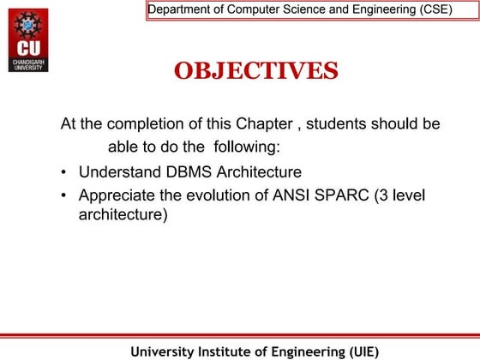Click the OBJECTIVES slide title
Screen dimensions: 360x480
(255, 70)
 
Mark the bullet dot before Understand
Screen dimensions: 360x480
(65, 173)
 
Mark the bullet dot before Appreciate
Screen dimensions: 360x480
(65, 196)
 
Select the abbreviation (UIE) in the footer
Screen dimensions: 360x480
(357, 351)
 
